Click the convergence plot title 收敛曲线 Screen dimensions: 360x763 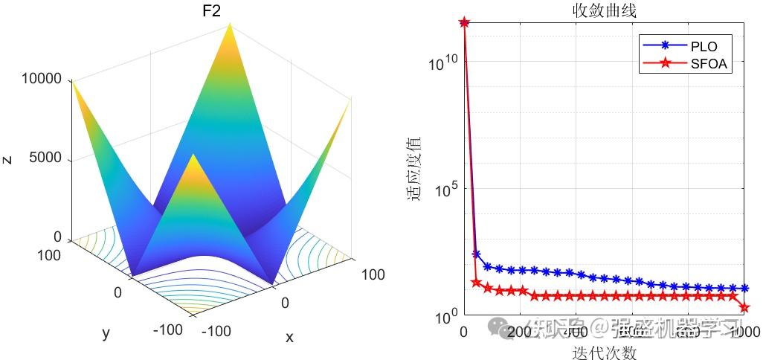coord(604,10)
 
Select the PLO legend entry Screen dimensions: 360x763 coord(704,46)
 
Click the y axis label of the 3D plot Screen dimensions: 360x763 coord(106,334)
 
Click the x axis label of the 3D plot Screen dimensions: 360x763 coord(289,338)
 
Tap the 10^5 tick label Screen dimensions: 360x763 coord(444,190)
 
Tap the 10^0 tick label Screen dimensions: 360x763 coord(444,318)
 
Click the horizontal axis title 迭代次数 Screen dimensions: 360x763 coord(604,351)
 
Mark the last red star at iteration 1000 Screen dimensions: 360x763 coord(744,307)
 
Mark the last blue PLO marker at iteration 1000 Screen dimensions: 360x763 coord(744,289)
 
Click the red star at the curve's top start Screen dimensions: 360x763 coord(464,22)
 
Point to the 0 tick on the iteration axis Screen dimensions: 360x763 coord(464,331)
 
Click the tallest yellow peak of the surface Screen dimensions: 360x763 coord(232,25)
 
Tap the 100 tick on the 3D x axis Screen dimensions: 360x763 coord(373,275)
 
